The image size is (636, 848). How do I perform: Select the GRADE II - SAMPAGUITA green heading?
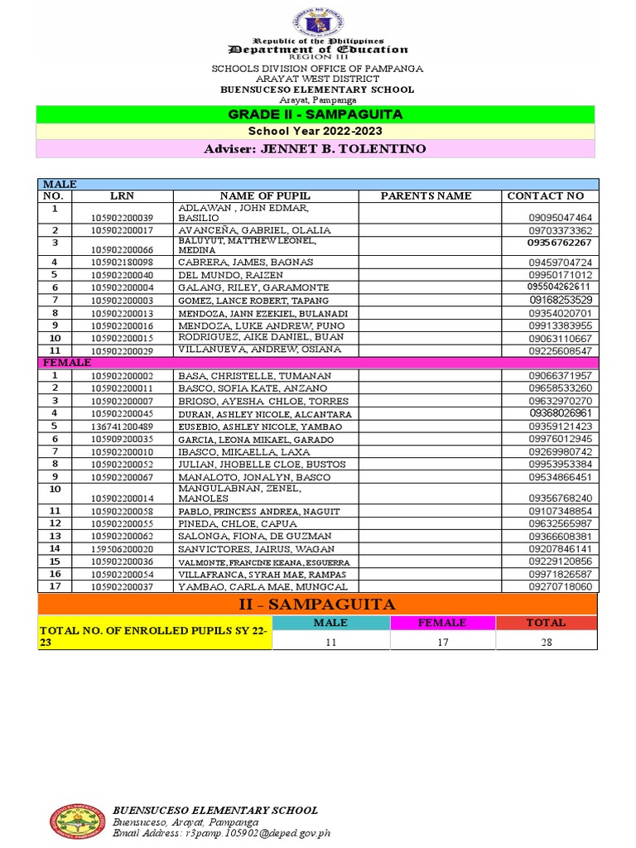click(316, 114)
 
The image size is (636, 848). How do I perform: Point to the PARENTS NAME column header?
click(426, 196)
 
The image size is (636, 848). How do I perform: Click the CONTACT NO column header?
click(545, 196)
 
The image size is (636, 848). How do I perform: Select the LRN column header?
click(122, 196)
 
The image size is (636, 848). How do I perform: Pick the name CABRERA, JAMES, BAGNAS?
click(245, 262)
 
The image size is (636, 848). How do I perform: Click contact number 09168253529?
click(561, 300)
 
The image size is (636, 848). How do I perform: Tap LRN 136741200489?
click(122, 426)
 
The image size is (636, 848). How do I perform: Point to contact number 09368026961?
click(561, 413)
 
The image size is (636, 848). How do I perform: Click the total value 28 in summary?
click(545, 642)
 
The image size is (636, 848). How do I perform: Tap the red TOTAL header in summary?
click(545, 623)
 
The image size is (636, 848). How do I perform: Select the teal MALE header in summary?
click(330, 623)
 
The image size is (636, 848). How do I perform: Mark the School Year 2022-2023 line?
click(316, 131)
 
